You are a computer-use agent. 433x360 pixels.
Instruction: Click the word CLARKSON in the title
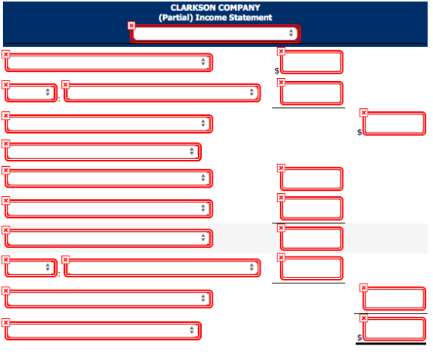(x=189, y=8)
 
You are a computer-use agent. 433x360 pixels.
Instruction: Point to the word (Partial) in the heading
(x=176, y=18)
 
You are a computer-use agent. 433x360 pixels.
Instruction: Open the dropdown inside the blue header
(x=215, y=34)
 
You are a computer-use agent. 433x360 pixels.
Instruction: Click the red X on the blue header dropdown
(x=131, y=25)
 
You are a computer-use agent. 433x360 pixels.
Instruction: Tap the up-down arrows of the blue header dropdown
(x=291, y=32)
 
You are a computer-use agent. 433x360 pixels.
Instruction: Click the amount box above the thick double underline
(x=394, y=329)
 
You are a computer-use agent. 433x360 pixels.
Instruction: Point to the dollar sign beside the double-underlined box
(x=360, y=338)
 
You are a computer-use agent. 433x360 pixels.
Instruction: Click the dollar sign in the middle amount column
(x=277, y=71)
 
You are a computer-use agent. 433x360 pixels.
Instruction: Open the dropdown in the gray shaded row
(x=108, y=238)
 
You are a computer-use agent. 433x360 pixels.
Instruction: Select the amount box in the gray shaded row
(x=312, y=239)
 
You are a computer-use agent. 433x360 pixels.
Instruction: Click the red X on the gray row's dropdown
(x=6, y=230)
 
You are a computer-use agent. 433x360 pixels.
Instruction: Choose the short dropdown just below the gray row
(x=31, y=267)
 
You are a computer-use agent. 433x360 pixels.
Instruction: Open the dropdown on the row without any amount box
(x=103, y=151)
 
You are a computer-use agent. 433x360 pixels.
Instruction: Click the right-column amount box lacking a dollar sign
(x=394, y=298)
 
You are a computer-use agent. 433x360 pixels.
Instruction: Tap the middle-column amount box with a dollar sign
(x=312, y=62)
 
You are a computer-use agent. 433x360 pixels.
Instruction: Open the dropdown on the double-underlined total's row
(x=103, y=331)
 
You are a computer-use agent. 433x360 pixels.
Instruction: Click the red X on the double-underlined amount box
(x=363, y=318)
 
